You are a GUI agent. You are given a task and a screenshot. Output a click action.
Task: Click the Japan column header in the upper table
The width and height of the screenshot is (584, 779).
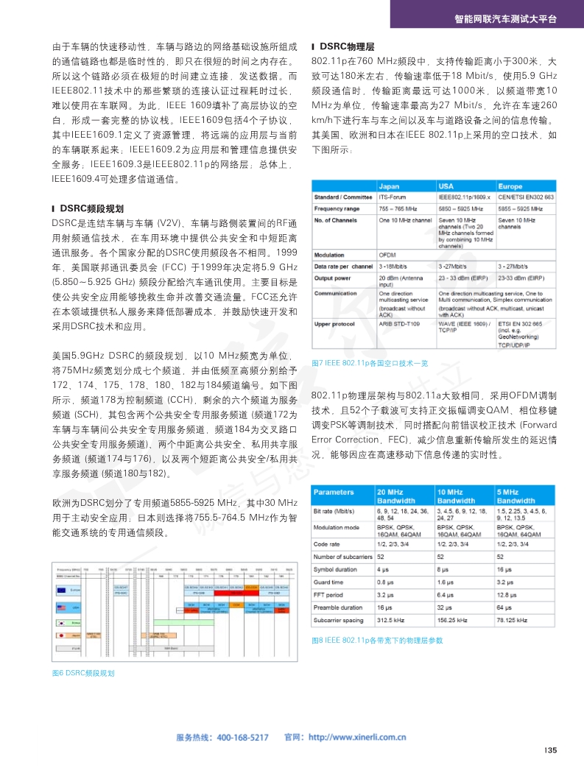coord(389,186)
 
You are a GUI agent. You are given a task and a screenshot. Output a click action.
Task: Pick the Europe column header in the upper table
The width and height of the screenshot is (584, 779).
coord(510,186)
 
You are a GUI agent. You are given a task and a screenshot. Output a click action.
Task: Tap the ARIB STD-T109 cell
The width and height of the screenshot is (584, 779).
coord(399,322)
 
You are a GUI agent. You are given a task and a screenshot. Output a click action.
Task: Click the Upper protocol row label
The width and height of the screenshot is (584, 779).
coord(335,322)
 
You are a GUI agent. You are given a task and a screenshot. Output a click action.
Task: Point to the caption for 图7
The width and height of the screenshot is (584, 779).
coord(370,363)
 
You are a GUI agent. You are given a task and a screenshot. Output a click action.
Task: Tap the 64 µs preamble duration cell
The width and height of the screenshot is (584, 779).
coord(504,607)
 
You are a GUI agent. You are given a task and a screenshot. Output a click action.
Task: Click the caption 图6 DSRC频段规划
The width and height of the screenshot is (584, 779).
coord(83,673)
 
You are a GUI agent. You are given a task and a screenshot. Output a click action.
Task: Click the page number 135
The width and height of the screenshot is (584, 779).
coord(550,750)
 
